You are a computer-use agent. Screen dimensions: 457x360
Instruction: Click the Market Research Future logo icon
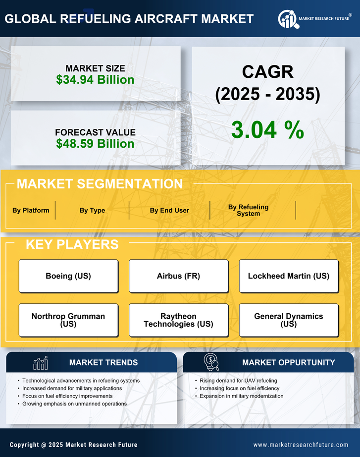[288, 19]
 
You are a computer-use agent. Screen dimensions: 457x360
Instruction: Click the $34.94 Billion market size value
[95, 80]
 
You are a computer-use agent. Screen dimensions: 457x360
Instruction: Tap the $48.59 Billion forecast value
[95, 144]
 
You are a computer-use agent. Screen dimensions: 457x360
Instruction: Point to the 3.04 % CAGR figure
[267, 130]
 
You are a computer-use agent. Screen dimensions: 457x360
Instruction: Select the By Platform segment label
[31, 210]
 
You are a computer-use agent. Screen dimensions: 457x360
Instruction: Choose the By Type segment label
[92, 210]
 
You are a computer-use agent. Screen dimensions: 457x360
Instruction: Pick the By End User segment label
[169, 210]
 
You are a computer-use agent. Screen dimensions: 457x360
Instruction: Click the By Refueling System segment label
[248, 210]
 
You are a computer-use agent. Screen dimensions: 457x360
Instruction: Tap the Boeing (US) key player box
[68, 276]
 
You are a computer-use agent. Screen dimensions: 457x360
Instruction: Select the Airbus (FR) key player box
[178, 276]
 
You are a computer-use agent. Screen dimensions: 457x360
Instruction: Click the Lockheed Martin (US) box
[289, 276]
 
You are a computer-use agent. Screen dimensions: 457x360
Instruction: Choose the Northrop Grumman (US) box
[68, 320]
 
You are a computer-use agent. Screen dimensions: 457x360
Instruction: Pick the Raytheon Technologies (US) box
[178, 320]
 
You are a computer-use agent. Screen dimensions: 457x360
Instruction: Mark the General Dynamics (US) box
[289, 320]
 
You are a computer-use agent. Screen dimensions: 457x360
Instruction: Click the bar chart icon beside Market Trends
[41, 363]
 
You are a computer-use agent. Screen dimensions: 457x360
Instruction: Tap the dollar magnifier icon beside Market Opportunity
[211, 362]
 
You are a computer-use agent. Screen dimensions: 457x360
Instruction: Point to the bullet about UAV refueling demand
[238, 381]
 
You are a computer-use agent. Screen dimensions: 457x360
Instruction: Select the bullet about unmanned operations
[74, 404]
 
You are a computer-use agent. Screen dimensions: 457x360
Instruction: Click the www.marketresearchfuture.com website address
[301, 445]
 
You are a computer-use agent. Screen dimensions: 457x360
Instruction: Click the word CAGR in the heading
[267, 72]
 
